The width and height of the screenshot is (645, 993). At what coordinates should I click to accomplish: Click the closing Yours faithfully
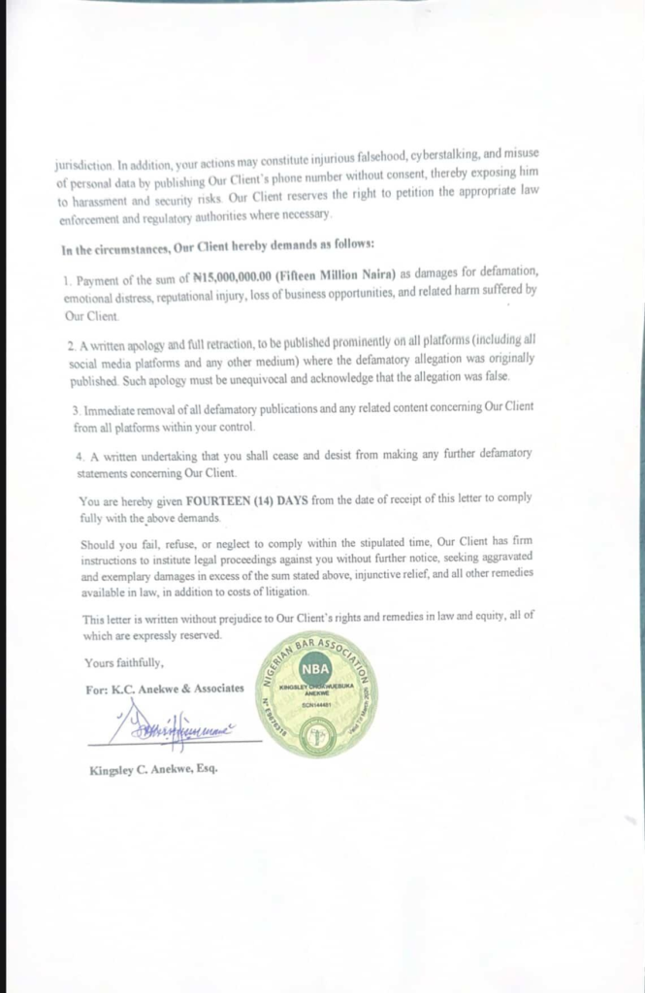pyautogui.click(x=124, y=663)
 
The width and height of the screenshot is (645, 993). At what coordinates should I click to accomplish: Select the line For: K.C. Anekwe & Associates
pyautogui.click(x=165, y=688)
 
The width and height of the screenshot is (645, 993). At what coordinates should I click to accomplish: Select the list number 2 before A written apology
pyautogui.click(x=72, y=344)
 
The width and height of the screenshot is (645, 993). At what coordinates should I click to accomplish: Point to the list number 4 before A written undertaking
pyautogui.click(x=80, y=455)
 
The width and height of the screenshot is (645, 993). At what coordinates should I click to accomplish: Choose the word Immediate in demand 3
pyautogui.click(x=111, y=410)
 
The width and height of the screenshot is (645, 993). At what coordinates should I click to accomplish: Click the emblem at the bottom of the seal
pyautogui.click(x=315, y=737)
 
